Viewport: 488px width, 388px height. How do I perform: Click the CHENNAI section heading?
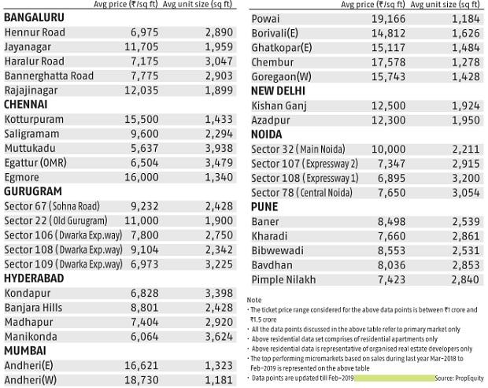(26, 104)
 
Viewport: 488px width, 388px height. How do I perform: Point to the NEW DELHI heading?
(279, 91)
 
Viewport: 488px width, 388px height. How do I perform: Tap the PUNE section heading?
(264, 208)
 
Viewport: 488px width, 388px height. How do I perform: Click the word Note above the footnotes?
(253, 300)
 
